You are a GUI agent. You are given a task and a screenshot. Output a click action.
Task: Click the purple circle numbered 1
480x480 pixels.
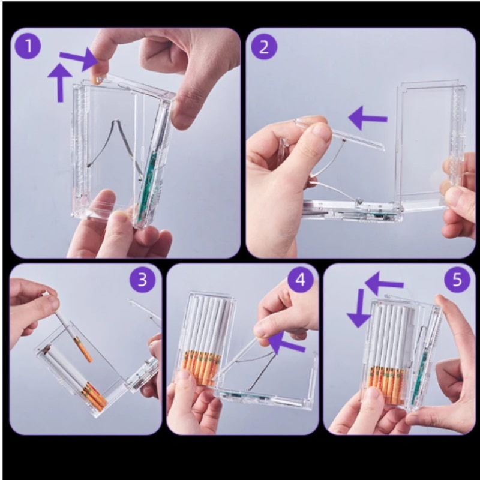pos(28,46)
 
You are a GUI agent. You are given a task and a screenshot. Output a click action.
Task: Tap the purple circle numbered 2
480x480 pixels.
pos(264,47)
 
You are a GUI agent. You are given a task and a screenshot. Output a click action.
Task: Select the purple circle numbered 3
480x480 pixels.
pos(142,280)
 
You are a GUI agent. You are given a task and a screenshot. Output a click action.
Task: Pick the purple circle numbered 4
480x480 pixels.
pos(301,280)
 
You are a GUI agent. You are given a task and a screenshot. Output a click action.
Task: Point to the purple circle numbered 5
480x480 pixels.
pos(457,280)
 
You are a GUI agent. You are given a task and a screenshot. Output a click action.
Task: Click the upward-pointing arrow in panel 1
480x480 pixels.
pos(61,83)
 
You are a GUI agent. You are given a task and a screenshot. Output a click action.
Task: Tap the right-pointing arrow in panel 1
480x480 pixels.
pos(80,59)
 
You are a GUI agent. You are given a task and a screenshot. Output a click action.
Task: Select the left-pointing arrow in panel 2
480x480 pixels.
pos(367,118)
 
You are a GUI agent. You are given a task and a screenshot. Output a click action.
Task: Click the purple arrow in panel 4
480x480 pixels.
pos(286,342)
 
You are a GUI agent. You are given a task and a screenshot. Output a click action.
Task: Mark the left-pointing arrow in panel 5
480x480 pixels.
pos(384,283)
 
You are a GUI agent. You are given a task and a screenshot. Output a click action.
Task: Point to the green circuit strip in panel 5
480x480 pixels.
pos(418,377)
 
